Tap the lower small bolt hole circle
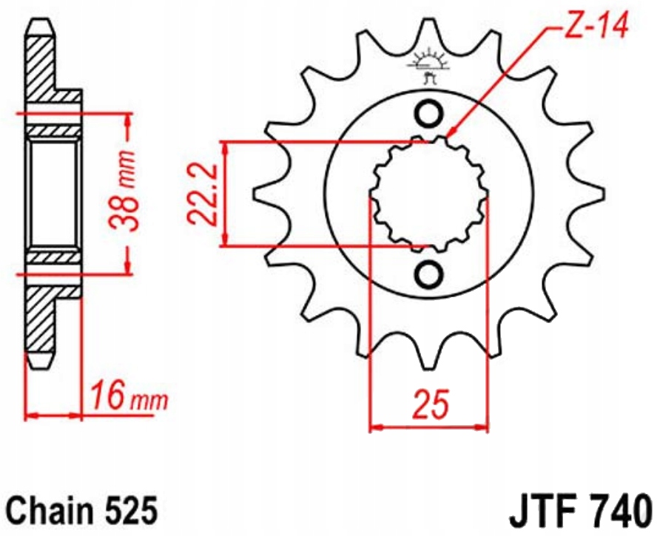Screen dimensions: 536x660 (428, 275)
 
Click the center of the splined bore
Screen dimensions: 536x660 (428, 194)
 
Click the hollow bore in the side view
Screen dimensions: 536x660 (53, 194)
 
